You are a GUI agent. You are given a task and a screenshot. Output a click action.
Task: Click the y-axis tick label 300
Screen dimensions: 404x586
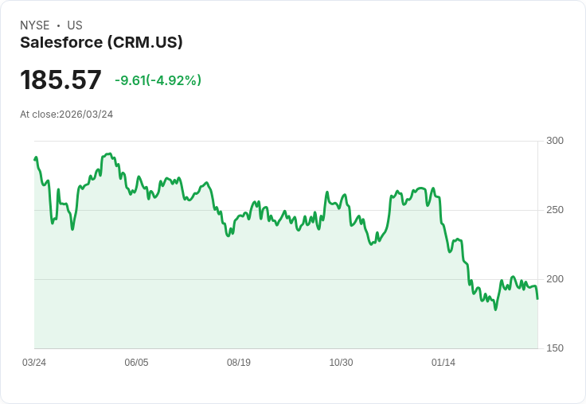click(555, 141)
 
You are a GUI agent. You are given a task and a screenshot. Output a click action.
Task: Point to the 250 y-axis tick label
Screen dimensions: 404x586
click(555, 210)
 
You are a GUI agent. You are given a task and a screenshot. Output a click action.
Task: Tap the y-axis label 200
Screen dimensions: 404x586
click(555, 279)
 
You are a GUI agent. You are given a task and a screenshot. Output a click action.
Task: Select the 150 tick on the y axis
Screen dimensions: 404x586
click(555, 348)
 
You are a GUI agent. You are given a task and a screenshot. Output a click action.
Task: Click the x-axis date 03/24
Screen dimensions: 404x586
click(34, 363)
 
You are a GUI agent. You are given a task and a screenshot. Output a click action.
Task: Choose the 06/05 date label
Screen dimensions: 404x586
click(136, 363)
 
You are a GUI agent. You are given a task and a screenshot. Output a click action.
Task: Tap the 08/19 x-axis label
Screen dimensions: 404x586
click(239, 363)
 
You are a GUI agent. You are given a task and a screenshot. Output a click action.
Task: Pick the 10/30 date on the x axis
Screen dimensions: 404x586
click(341, 363)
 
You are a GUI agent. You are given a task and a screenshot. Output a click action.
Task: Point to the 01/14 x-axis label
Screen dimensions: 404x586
click(443, 363)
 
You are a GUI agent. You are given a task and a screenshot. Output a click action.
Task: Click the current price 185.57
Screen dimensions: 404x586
click(61, 80)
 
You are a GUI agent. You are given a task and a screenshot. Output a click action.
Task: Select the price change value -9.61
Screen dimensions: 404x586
click(130, 80)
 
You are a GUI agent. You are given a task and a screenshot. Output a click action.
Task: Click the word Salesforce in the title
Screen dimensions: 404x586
click(61, 42)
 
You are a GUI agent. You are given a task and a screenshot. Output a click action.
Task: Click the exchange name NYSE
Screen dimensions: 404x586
click(35, 25)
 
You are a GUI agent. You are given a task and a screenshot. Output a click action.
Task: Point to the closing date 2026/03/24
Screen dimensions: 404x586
click(86, 115)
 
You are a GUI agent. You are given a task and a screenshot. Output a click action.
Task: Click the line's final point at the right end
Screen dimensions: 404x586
click(537, 298)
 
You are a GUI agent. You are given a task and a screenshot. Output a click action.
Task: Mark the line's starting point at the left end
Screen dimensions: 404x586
click(34, 160)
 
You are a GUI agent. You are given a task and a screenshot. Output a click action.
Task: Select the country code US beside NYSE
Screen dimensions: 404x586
click(75, 25)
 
